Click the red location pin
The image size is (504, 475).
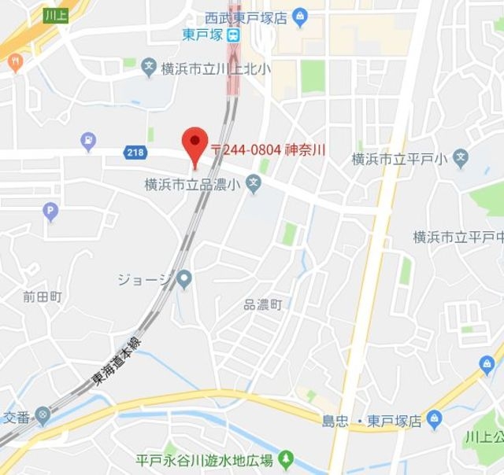[194, 144]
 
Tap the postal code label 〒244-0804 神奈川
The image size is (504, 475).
[269, 149]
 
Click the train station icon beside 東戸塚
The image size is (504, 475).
[234, 35]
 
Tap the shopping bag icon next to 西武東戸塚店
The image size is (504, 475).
[299, 15]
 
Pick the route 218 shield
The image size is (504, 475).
[134, 152]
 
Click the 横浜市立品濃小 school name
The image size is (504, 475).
[191, 185]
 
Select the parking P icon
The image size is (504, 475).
[51, 211]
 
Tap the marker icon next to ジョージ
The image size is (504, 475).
[184, 278]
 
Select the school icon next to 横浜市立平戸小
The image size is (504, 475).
[461, 159]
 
